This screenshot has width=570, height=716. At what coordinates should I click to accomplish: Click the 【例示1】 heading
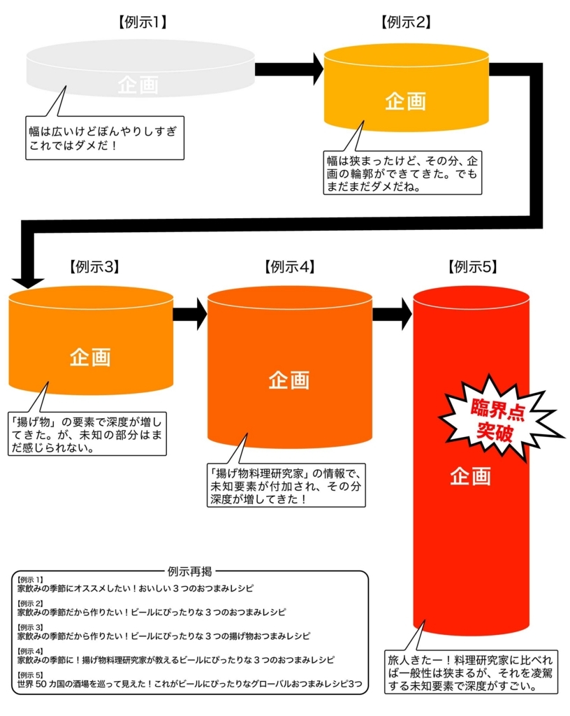(x=142, y=22)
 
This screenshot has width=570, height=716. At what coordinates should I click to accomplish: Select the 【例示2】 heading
(x=406, y=22)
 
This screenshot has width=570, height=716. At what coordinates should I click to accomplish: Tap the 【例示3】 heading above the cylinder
(x=94, y=266)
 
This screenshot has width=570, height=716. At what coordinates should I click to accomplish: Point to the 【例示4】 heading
(x=290, y=266)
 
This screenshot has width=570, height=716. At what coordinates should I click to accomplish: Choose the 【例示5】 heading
(x=472, y=266)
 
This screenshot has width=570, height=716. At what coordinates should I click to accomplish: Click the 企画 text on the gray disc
(x=138, y=85)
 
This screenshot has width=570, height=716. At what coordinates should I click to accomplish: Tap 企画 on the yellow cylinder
(x=405, y=101)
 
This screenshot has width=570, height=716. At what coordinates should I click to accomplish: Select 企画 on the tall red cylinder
(x=470, y=476)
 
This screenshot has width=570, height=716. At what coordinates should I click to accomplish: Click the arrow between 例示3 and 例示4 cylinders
(x=190, y=314)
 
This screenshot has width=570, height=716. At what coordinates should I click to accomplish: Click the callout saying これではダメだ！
(x=104, y=138)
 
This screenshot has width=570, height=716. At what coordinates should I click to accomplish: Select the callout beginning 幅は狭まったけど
(x=402, y=173)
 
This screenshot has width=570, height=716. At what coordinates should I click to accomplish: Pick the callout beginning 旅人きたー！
(x=471, y=672)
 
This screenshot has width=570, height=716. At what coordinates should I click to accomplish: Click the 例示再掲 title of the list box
(x=190, y=571)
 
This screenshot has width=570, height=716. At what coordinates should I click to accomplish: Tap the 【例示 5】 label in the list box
(x=30, y=675)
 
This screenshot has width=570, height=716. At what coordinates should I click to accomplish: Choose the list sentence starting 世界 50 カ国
(x=190, y=684)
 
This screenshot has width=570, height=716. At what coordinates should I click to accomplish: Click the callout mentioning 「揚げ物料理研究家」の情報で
(x=286, y=486)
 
